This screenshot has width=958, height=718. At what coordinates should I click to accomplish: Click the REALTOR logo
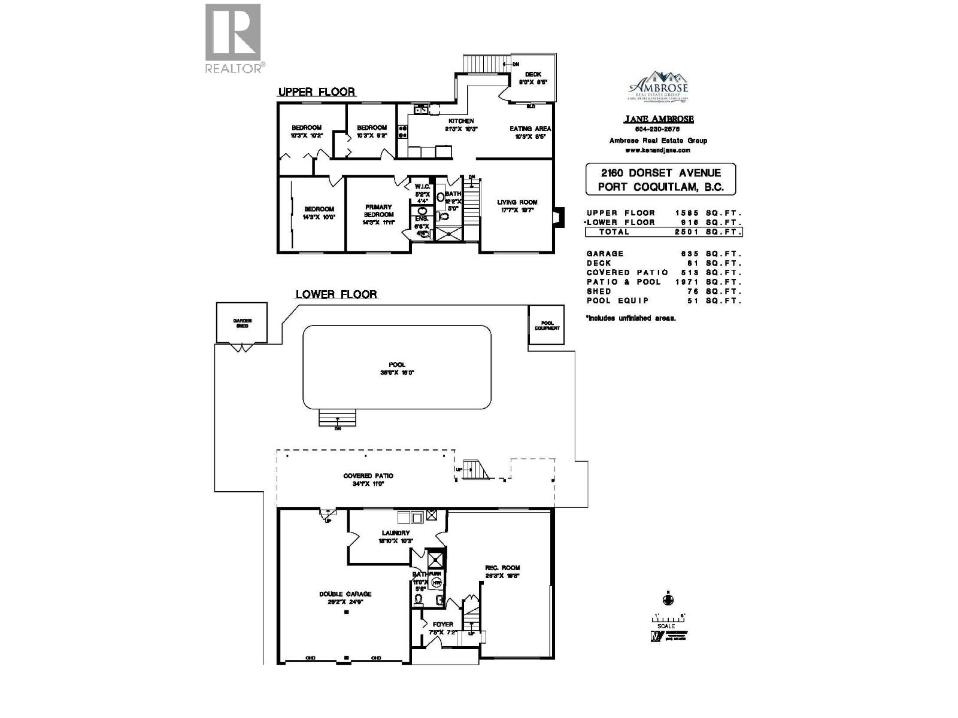(x=233, y=38)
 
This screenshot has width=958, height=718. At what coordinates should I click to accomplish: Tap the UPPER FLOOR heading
(x=316, y=92)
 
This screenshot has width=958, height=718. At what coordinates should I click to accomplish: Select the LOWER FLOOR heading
(x=336, y=294)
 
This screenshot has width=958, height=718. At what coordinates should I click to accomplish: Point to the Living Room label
(x=517, y=206)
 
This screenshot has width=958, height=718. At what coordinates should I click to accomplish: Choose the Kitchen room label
(x=461, y=124)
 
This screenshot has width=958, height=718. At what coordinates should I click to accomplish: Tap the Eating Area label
(x=530, y=132)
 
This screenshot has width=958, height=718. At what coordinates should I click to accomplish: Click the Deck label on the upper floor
(x=533, y=78)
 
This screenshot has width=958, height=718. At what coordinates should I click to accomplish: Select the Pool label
(x=396, y=368)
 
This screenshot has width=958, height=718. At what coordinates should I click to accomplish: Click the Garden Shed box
(x=242, y=323)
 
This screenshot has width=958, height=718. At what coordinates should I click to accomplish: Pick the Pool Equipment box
(x=546, y=325)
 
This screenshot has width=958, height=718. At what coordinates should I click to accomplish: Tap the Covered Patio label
(x=368, y=479)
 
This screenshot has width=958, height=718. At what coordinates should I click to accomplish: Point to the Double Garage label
(x=345, y=598)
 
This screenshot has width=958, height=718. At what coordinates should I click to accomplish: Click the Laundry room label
(x=396, y=536)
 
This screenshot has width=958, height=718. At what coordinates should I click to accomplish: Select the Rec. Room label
(x=502, y=571)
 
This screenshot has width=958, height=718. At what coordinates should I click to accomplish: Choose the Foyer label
(x=443, y=628)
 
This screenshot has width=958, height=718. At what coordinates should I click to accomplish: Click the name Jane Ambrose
(x=658, y=119)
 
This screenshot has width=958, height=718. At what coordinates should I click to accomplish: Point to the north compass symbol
(x=666, y=599)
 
